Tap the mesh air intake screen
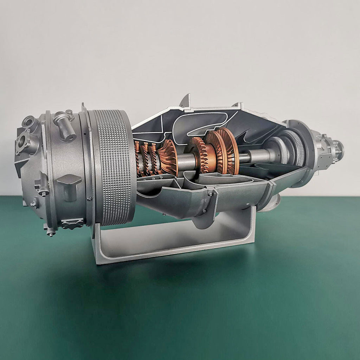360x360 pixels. [112, 167]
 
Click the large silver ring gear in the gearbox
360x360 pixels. [292, 148]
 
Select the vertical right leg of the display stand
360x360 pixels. [250, 225]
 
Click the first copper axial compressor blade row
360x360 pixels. [137, 158]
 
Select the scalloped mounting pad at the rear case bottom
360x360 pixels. [72, 223]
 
